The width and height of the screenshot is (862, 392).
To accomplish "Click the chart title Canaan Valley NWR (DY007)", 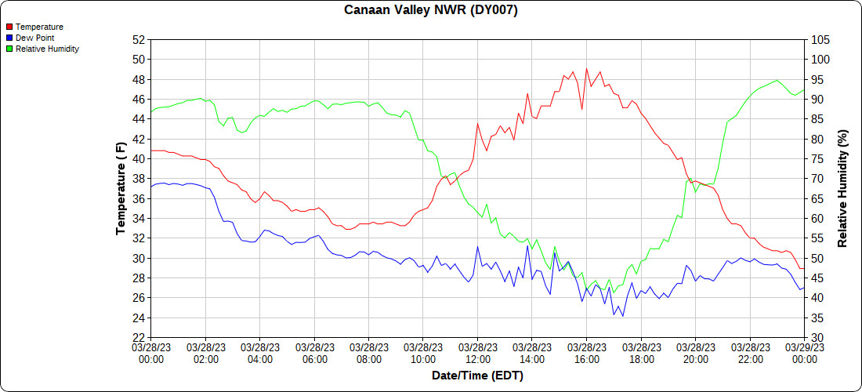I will point(431,10).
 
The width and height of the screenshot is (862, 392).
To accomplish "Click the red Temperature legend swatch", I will point(9,27).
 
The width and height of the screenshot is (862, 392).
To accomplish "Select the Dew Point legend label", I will point(34,38).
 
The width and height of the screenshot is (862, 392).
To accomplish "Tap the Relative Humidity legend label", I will point(47,49).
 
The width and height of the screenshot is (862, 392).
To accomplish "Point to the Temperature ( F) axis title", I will point(121,188).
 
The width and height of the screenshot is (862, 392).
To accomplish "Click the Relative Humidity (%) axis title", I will point(842,188).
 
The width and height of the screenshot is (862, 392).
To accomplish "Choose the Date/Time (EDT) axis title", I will point(477,376).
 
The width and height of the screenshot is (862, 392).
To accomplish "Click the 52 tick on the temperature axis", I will point(139,39).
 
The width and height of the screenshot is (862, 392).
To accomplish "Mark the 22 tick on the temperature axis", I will point(139,338).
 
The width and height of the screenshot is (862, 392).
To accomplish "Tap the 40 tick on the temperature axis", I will point(139,158).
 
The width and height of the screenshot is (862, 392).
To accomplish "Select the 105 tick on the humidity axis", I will point(819,39).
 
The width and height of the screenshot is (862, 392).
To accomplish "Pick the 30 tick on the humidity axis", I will point(816,338).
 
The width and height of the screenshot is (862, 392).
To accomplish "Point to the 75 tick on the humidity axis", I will point(816,158).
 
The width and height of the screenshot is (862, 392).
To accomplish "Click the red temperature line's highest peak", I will point(587,69).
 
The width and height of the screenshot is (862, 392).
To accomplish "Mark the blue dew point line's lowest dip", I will point(622,316).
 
